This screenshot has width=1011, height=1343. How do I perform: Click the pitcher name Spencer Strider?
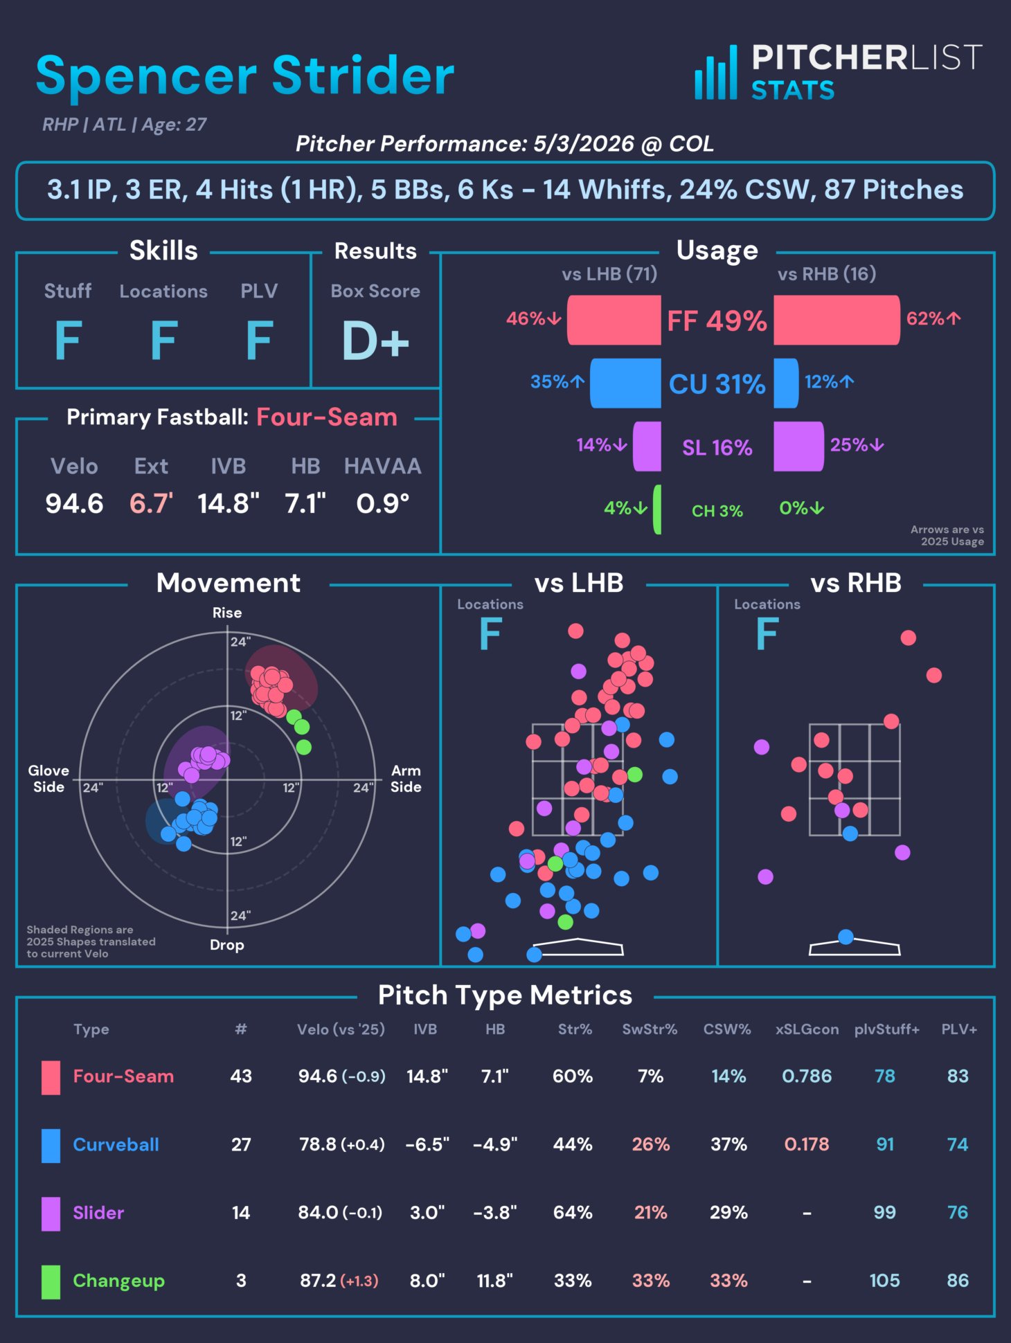(245, 75)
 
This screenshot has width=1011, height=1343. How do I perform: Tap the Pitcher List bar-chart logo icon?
(716, 73)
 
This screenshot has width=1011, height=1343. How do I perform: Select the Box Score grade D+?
(375, 341)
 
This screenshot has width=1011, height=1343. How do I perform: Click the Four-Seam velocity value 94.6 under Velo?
(74, 503)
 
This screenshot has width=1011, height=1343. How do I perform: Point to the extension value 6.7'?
(152, 503)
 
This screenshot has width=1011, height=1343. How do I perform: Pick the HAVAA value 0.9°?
(383, 503)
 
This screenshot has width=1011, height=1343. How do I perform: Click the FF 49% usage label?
(717, 321)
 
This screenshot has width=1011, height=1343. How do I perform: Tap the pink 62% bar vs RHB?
(836, 320)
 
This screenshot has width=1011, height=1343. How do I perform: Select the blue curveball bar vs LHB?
(625, 383)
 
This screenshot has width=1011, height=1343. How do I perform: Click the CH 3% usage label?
(717, 511)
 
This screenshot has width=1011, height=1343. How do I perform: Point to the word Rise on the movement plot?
(227, 613)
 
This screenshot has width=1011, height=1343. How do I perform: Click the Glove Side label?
(48, 779)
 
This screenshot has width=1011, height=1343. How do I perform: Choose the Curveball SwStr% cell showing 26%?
(651, 1144)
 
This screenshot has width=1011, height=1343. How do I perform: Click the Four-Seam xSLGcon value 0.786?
(807, 1076)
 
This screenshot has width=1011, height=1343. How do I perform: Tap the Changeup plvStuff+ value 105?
(885, 1280)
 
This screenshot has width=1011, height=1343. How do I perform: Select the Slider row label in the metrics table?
(98, 1212)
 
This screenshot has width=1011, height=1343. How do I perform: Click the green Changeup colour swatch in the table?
(51, 1281)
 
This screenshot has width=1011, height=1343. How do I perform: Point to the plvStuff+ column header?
(887, 1029)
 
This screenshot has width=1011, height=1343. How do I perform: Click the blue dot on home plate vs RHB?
(846, 937)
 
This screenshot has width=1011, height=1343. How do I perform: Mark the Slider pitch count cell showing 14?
(241, 1212)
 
